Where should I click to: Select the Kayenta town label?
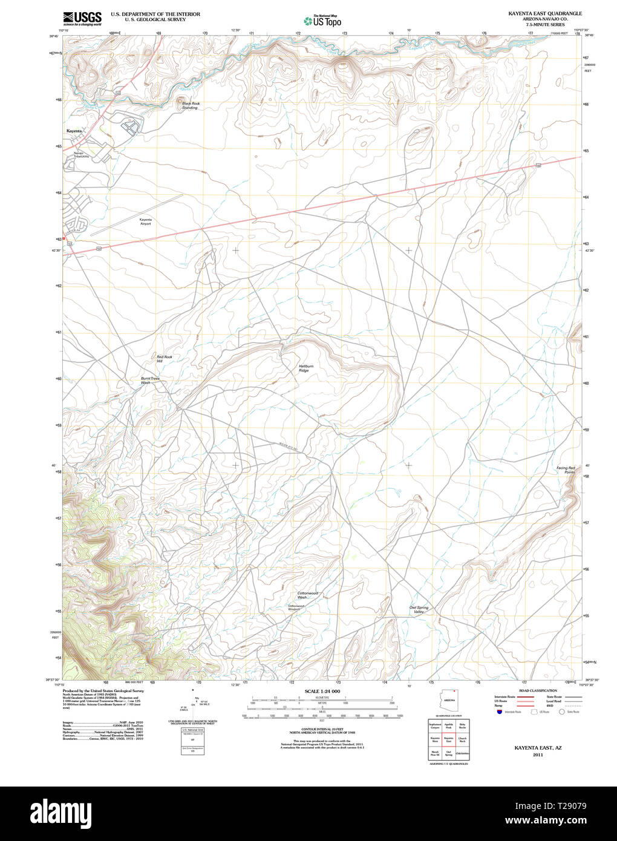coord(74,131)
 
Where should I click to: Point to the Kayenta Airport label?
coord(145,221)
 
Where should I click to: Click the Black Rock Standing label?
coord(191,105)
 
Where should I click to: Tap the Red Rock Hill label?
coord(164,359)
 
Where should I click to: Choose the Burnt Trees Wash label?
coord(149,381)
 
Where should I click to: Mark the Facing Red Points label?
coord(566,470)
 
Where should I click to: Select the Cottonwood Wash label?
coord(307,595)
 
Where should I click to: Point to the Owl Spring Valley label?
coord(419,609)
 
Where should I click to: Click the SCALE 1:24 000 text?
coord(322,691)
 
